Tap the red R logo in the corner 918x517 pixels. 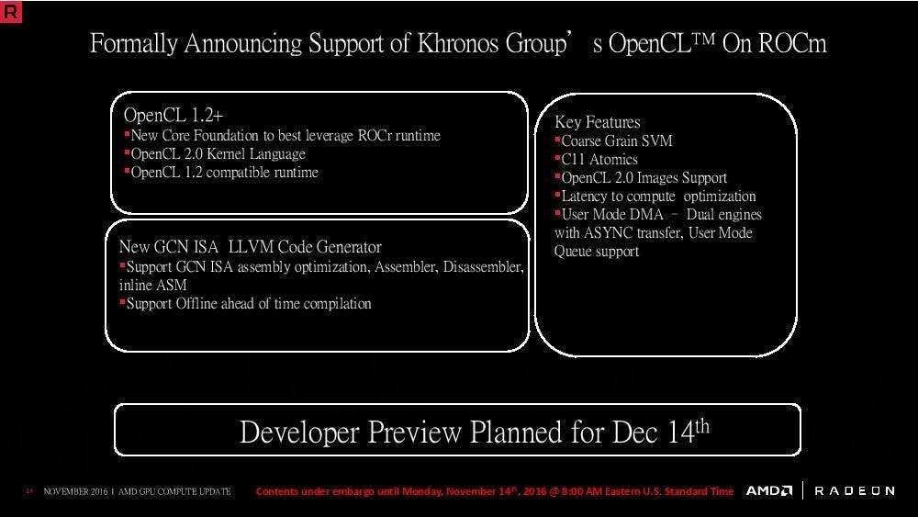[10, 11]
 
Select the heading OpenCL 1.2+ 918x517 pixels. [174, 116]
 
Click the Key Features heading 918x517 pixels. [598, 122]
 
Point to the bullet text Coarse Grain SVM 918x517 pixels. [617, 141]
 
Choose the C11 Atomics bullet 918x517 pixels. [599, 159]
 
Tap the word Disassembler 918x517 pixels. [483, 267]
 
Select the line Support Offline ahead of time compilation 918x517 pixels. [249, 304]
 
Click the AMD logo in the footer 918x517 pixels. [768, 490]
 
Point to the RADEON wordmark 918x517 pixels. [854, 490]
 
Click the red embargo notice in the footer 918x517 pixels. [495, 491]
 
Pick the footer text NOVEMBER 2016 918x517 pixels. [75, 492]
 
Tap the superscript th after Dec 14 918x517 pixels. [702, 426]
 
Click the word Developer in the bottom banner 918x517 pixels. [298, 433]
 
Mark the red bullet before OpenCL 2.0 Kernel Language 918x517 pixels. [127, 152]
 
